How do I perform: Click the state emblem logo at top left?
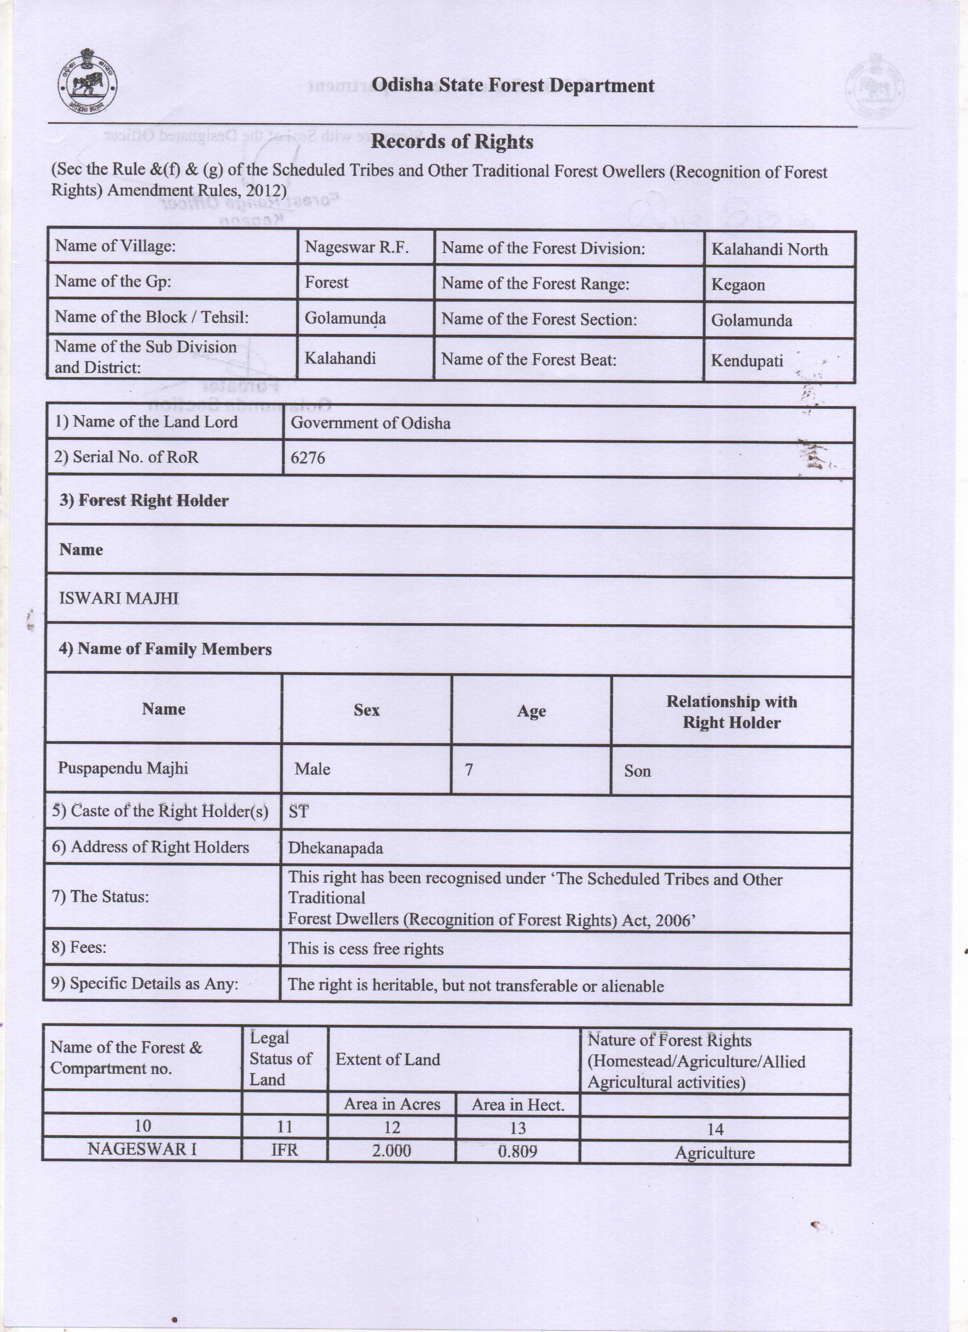point(87,87)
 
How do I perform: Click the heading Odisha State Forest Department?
point(513,86)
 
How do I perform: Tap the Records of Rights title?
point(452,142)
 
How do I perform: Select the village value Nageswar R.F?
point(356,247)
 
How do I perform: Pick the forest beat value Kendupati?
point(747,361)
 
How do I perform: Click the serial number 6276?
point(308,458)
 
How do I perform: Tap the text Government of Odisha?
point(370,423)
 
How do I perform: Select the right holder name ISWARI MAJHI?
point(119,598)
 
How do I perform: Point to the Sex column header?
point(367,710)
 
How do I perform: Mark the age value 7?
point(469,769)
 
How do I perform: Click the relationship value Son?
point(637,770)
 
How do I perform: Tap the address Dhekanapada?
point(336,848)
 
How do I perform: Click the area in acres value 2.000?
point(392,1150)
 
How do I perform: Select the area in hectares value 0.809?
point(517,1151)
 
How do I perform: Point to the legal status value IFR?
point(284,1149)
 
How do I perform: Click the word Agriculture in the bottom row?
point(714,1152)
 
